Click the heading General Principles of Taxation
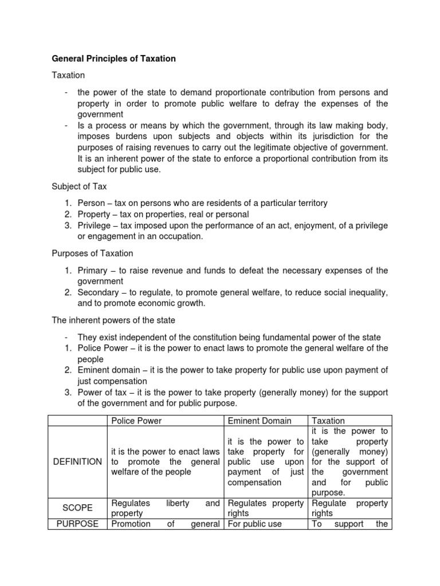tap(114, 58)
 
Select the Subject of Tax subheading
tap(79, 186)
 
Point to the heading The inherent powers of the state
tap(113, 320)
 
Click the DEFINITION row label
tap(77, 461)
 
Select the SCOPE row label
tap(77, 508)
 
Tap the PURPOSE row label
tap(77, 524)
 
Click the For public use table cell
tap(255, 524)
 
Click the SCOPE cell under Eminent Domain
tap(265, 508)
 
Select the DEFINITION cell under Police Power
tap(164, 461)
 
